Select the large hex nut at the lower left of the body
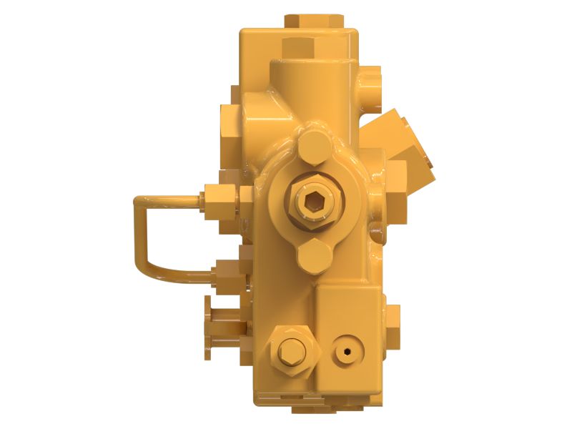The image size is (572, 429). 289,350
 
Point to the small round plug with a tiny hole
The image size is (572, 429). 347,350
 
